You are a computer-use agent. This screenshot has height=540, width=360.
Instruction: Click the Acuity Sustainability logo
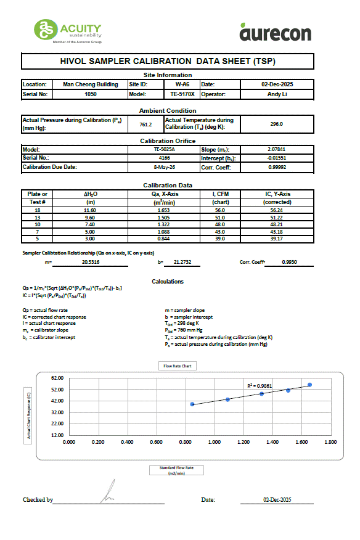click(x=68, y=31)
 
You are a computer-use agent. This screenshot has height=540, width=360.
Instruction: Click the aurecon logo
click(x=275, y=31)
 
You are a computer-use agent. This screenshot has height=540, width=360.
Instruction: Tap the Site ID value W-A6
click(x=182, y=84)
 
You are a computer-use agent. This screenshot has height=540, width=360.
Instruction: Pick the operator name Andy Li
click(x=276, y=94)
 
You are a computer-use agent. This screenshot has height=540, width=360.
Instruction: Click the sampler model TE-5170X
click(x=182, y=94)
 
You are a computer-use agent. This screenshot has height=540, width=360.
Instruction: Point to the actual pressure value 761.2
click(x=145, y=124)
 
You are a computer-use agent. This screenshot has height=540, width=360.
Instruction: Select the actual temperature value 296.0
click(x=276, y=124)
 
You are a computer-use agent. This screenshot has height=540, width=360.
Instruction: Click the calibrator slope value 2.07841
click(x=276, y=150)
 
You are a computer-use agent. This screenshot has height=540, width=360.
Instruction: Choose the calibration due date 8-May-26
click(x=165, y=168)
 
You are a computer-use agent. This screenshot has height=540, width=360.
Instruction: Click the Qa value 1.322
click(x=165, y=225)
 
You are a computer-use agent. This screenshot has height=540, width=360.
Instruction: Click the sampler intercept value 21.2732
click(x=182, y=263)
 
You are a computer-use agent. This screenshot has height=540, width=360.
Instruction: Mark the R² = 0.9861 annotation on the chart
click(x=259, y=385)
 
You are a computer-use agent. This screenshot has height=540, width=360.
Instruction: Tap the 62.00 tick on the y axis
click(x=57, y=378)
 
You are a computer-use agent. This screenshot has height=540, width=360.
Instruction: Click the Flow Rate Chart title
click(x=177, y=366)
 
